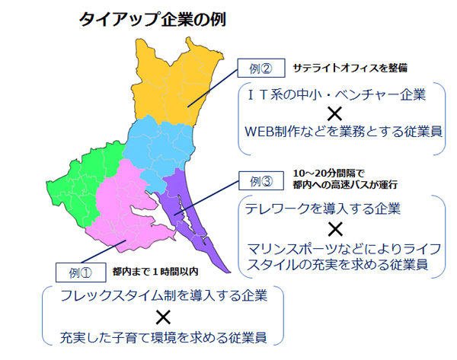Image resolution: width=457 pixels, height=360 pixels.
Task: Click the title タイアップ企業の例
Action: [152, 20]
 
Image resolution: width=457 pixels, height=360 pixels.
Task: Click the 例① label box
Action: [81, 272]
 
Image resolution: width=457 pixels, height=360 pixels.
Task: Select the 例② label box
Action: [261, 68]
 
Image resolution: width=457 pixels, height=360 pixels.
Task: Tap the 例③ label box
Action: [261, 181]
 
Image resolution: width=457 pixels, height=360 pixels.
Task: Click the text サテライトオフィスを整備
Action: [350, 68]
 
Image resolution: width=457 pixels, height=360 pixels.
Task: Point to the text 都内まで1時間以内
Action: [155, 272]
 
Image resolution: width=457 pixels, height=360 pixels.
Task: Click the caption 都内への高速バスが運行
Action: [345, 185]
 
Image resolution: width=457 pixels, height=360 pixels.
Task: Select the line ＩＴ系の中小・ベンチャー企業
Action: [337, 95]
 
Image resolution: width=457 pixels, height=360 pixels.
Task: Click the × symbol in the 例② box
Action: [334, 113]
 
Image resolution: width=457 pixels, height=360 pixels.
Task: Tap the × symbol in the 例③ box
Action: [335, 229]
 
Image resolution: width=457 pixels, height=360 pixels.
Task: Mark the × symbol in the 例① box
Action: [163, 317]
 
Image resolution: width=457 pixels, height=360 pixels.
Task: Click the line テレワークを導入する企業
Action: [323, 209]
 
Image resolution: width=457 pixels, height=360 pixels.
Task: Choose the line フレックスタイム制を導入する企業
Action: [164, 295]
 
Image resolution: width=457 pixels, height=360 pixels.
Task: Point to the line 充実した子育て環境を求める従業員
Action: [163, 338]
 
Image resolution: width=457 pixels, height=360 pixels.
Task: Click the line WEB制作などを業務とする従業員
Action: [344, 132]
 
